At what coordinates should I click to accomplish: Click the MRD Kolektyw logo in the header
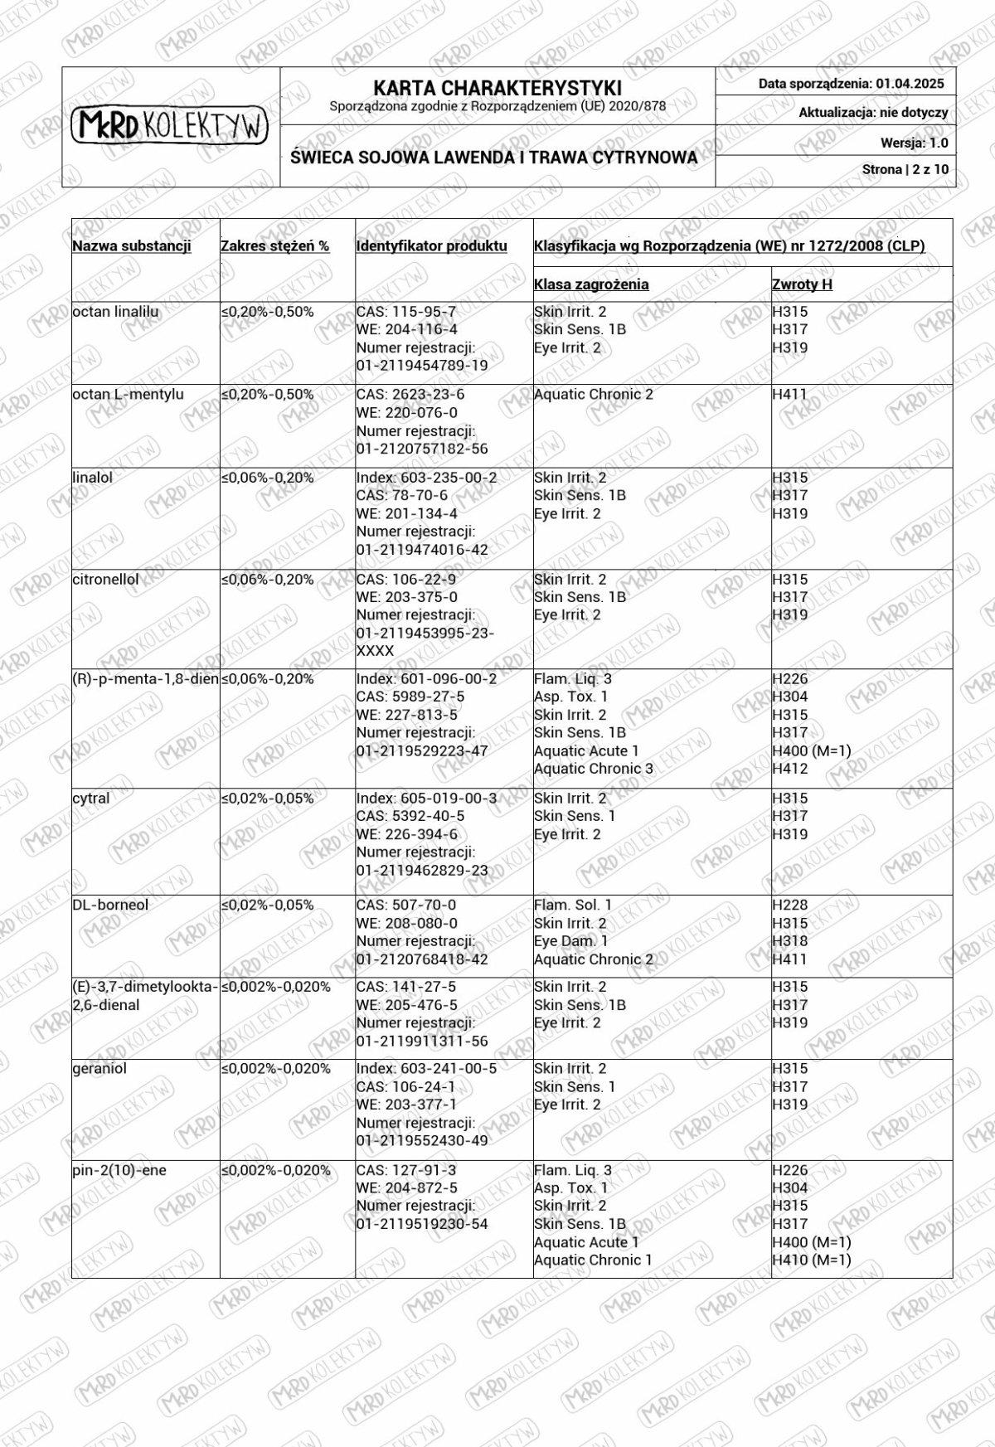[x=170, y=126]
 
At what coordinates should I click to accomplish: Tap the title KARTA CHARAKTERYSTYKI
[x=497, y=88]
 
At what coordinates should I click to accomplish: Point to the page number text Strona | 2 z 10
[x=905, y=170]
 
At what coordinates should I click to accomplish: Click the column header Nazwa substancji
[x=132, y=246]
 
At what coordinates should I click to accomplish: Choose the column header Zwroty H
[x=802, y=284]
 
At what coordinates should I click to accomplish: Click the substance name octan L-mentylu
[x=128, y=395]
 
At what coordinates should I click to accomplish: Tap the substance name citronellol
[x=105, y=580]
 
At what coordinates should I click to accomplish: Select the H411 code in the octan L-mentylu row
[x=789, y=395]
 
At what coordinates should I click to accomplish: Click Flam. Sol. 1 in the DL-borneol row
[x=572, y=906]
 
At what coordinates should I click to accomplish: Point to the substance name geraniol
[x=99, y=1069]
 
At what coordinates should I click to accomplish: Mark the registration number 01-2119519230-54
[x=422, y=1225]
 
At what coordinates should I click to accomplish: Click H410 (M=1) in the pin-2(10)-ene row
[x=811, y=1260]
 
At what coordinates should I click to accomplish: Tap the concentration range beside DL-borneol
[x=267, y=906]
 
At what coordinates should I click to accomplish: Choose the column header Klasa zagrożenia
[x=591, y=284]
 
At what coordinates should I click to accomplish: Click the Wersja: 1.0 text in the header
[x=914, y=143]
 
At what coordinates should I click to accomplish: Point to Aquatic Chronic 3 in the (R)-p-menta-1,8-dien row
[x=593, y=769]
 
